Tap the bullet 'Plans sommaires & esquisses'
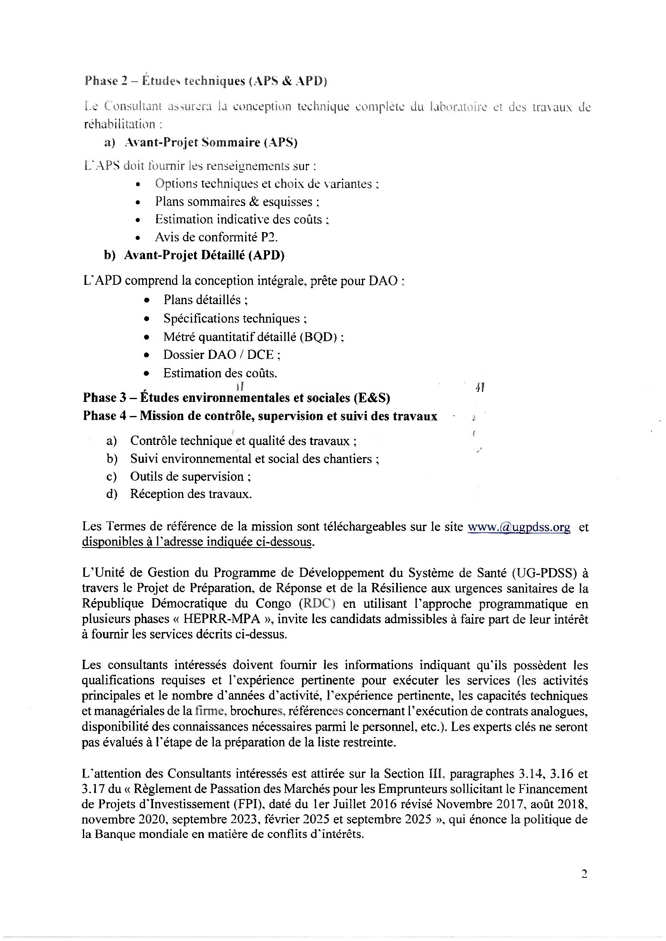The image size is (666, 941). point(237,202)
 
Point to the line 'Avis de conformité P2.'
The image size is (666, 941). point(216,237)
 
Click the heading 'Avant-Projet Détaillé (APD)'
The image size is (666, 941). point(204,255)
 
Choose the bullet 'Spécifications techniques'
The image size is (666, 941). point(235,319)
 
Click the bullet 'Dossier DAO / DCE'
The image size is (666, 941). point(221,354)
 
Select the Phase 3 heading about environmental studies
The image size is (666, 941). point(236,397)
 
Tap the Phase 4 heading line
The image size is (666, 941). point(260,416)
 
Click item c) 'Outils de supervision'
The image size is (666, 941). point(190,476)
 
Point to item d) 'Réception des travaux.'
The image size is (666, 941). point(191,494)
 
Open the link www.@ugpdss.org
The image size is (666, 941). point(519,527)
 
